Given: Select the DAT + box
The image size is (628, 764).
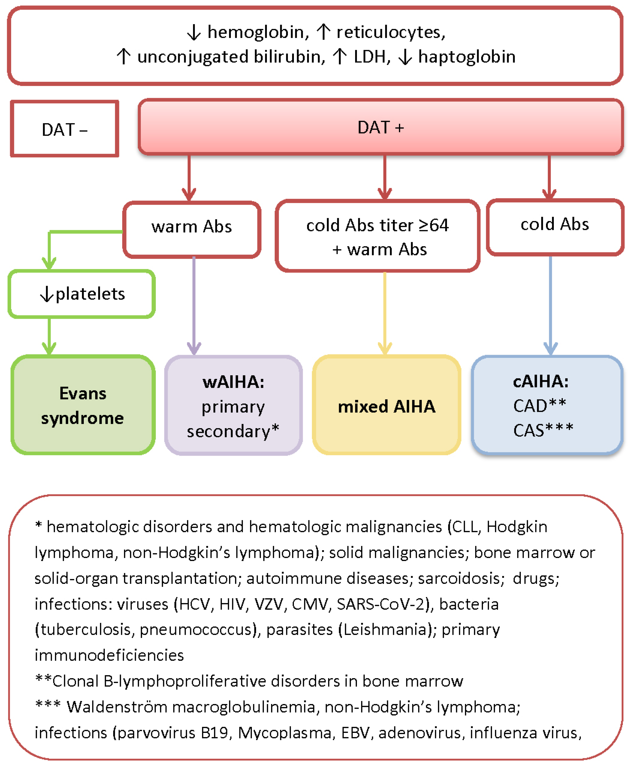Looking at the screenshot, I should tap(381, 127).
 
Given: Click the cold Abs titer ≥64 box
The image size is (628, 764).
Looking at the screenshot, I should tap(377, 236).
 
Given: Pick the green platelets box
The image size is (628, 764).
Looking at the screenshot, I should tap(82, 294).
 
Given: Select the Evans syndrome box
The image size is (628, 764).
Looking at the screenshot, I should tap(83, 405).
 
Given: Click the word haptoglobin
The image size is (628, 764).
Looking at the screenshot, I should tap(466, 57).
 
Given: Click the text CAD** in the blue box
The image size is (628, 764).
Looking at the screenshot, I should tap(539, 406).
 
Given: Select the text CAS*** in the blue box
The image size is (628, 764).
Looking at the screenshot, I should tap(543, 430).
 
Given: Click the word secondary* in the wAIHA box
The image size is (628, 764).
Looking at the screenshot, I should tap(233, 431).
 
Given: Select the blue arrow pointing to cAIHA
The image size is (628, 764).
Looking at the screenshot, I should tap(550, 304).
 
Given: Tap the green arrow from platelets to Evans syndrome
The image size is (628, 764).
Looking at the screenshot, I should tap(49, 335).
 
